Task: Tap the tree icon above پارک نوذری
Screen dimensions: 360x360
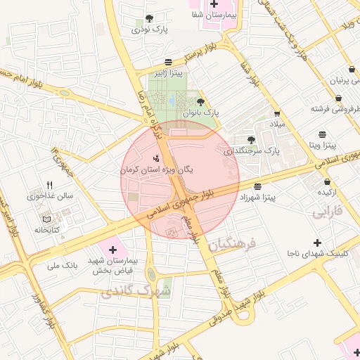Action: [x=148, y=19]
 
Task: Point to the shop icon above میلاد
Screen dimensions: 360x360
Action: [x=277, y=113]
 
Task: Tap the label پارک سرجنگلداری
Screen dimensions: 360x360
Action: [x=252, y=150]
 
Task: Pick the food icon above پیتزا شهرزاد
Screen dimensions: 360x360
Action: [x=258, y=186]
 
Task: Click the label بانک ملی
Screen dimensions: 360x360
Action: [x=61, y=265]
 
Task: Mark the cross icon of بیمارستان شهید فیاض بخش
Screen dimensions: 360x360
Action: [x=112, y=249]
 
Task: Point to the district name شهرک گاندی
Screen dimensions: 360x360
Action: [x=136, y=290]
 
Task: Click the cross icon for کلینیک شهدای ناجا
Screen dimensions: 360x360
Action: [x=317, y=243]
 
